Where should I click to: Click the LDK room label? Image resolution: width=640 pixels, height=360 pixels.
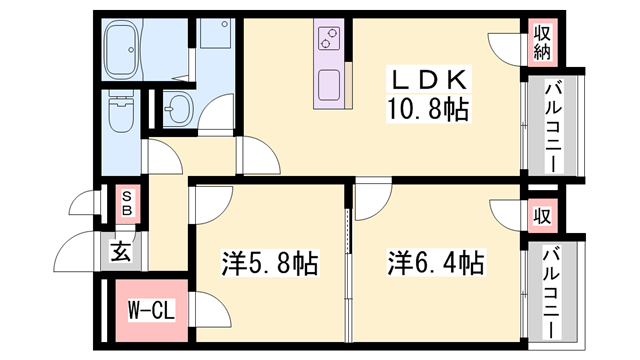coord(424,79)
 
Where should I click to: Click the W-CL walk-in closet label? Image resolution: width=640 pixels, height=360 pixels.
coord(150,310)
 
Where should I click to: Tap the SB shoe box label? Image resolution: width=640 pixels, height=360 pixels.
coord(127,204)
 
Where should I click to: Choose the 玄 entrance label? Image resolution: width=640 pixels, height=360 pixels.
coord(121,252)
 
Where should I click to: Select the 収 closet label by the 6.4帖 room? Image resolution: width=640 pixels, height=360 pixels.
coord(541,213)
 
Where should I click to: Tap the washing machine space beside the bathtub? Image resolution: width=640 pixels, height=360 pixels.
coord(213,49)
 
